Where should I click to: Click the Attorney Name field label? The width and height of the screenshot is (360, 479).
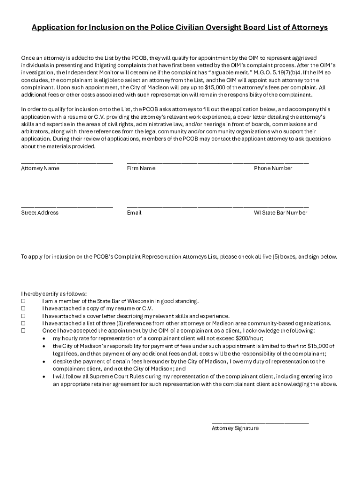coord(40,168)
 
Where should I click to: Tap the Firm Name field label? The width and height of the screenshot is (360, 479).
coord(141,168)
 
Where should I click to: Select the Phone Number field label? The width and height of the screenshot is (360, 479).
coord(273,168)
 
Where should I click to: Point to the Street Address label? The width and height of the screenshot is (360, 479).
coord(40,213)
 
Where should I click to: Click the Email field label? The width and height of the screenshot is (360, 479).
coord(134,213)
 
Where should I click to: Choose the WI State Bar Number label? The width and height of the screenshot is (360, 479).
coord(281,213)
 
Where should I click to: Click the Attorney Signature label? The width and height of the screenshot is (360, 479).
coord(235,428)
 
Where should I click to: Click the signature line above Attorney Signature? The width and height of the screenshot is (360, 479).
coord(260,422)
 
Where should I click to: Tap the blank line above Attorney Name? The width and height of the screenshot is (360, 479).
coord(67,162)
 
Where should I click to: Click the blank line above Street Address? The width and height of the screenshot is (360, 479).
coord(67,207)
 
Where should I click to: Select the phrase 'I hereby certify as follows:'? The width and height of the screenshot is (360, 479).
coord(54,294)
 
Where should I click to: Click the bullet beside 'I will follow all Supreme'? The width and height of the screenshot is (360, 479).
coord(44,377)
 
